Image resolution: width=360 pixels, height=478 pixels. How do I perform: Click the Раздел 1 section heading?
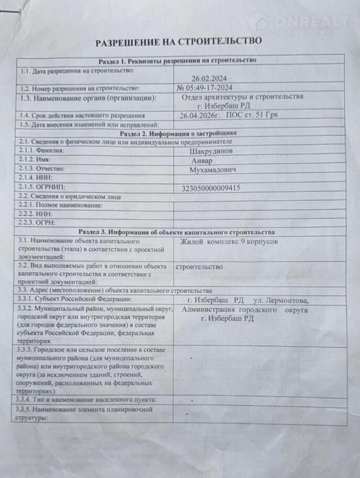[178, 60]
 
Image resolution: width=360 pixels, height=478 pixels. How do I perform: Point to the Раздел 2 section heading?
[178, 134]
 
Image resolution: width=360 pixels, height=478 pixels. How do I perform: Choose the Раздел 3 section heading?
[177, 232]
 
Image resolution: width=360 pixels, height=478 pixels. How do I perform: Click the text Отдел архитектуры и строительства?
[242, 97]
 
